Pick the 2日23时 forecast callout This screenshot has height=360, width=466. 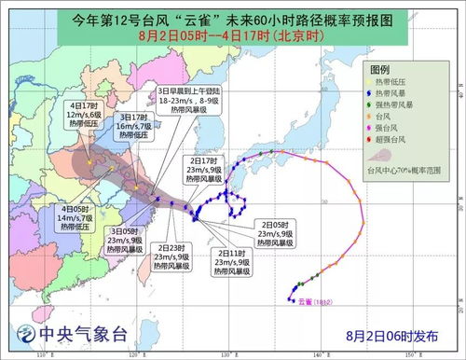(x=173, y=256)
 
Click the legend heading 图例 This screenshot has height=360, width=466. (x=379, y=70)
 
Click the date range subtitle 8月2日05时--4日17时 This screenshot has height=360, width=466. (x=233, y=34)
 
